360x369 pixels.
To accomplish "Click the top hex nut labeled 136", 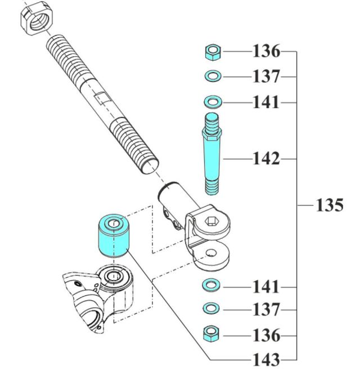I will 213,53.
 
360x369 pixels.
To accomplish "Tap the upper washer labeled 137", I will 213,75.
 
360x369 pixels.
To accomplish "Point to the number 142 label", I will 265,159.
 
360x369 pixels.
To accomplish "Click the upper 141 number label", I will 265,102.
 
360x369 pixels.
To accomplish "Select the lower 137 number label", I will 265,309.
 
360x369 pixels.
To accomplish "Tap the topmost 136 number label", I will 265,52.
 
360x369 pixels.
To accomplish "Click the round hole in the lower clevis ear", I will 211,254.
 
